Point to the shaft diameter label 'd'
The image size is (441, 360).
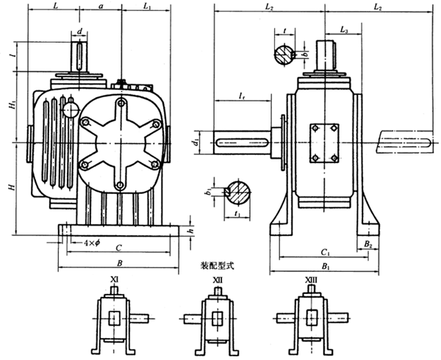79,32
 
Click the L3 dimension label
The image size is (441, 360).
345,31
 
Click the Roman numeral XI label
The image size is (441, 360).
114,280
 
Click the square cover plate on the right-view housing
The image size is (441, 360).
324,143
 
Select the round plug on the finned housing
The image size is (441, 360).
71,110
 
